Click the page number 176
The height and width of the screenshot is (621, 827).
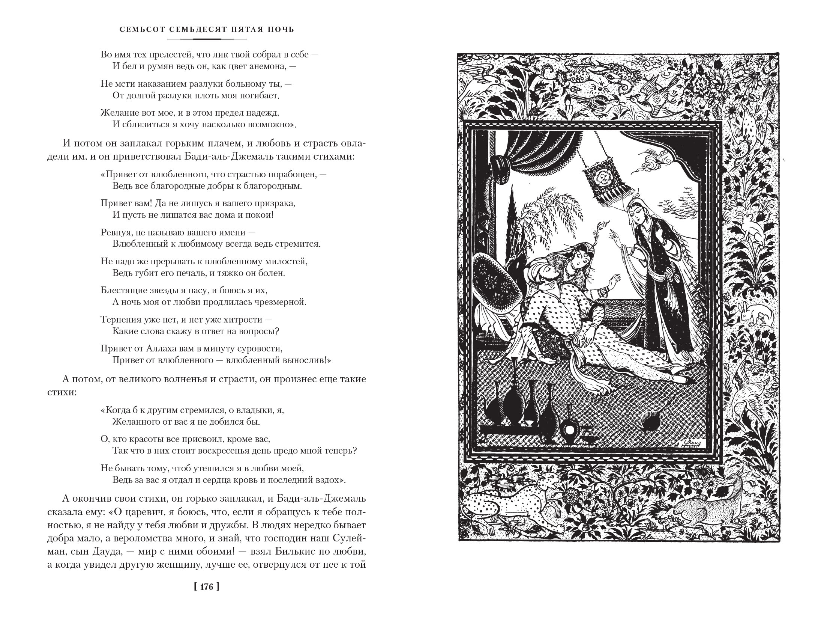[x=207, y=597]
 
